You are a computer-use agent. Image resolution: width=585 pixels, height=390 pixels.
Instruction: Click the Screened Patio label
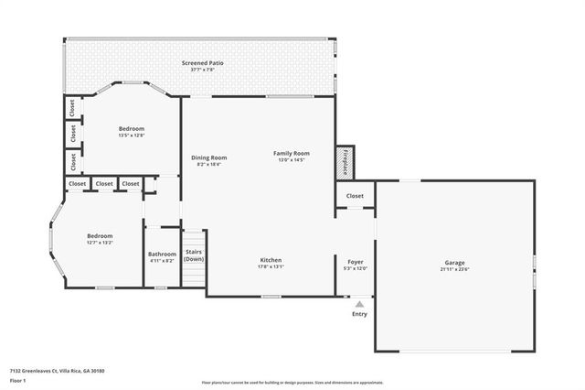(202, 63)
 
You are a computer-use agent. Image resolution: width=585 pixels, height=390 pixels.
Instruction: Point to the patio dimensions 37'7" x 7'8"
(202, 70)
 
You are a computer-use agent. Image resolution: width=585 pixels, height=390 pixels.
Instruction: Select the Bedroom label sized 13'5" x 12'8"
(132, 129)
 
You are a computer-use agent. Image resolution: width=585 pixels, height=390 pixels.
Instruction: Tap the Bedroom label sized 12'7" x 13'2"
(100, 235)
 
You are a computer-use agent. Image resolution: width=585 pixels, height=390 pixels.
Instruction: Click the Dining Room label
(208, 157)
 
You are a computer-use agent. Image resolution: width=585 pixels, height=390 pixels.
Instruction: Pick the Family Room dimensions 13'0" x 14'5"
(292, 159)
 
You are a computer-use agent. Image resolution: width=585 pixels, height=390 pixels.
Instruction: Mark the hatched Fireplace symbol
(345, 161)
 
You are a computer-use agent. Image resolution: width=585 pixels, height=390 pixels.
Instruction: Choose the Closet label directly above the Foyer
(355, 195)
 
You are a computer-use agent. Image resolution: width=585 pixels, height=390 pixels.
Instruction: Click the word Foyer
(356, 262)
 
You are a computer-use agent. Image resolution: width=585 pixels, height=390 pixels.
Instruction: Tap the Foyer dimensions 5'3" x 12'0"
(356, 268)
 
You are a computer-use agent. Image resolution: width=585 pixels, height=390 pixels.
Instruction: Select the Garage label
(454, 262)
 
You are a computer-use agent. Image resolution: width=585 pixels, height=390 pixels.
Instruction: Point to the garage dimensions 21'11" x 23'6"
(454, 268)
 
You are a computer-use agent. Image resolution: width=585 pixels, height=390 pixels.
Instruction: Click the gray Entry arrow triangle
(360, 303)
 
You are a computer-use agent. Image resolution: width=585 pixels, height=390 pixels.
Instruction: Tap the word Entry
(359, 314)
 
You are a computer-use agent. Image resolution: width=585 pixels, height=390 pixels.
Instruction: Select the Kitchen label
(271, 260)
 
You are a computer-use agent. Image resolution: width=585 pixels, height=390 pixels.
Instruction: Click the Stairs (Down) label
(194, 255)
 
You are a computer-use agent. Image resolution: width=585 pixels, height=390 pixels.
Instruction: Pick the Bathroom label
(162, 254)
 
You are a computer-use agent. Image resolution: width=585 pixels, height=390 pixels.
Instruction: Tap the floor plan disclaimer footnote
(292, 383)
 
